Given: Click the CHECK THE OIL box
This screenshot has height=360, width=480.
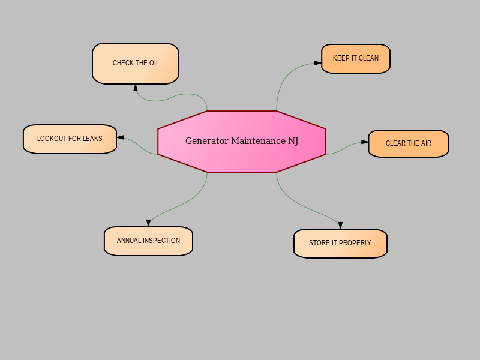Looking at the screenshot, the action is tap(136, 64).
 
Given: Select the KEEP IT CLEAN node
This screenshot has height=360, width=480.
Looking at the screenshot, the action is tap(356, 59).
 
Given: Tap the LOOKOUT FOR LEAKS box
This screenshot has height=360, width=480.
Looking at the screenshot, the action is tap(70, 139).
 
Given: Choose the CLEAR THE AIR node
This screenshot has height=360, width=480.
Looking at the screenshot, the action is tap(409, 143).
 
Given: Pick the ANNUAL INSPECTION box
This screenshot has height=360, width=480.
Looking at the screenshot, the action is tap(148, 241).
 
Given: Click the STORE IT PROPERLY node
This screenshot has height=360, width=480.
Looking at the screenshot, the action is tap(340, 244).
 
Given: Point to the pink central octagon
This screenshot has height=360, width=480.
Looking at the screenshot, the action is tap(242, 142).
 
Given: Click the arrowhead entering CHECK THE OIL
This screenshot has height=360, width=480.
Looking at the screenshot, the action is tap(136, 88).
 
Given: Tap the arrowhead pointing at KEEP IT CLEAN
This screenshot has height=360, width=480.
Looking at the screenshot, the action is tap(318, 63).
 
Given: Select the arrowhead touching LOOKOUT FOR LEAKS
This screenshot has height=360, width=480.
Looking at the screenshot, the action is tap(121, 137).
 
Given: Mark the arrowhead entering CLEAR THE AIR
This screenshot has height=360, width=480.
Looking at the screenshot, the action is tap(365, 142).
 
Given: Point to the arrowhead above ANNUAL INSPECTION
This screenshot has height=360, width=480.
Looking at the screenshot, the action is tap(148, 223).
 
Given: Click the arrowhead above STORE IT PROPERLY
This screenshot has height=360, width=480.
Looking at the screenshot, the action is tap(340, 226).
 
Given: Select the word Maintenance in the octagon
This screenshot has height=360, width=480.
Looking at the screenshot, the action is tap(259, 141).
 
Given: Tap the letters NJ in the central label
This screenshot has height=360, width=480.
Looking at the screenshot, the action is tap(293, 141).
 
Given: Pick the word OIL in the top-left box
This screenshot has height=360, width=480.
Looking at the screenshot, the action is tap(154, 63).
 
